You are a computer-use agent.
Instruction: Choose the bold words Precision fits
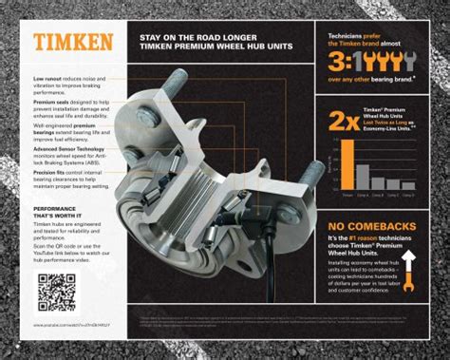[51, 171]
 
